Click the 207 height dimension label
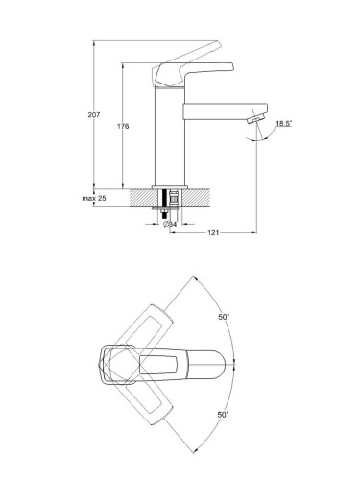pyautogui.click(x=94, y=114)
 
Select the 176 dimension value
pyautogui.click(x=123, y=126)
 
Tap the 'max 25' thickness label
pyautogui.click(x=94, y=198)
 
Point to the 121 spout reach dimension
pyautogui.click(x=213, y=232)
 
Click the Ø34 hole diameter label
pyautogui.click(x=170, y=224)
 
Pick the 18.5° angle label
pyautogui.click(x=284, y=123)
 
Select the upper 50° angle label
pyautogui.click(x=224, y=317)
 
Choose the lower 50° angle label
pyautogui.click(x=224, y=415)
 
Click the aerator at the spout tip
pyautogui.click(x=255, y=119)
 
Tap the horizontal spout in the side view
pyautogui.click(x=225, y=111)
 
